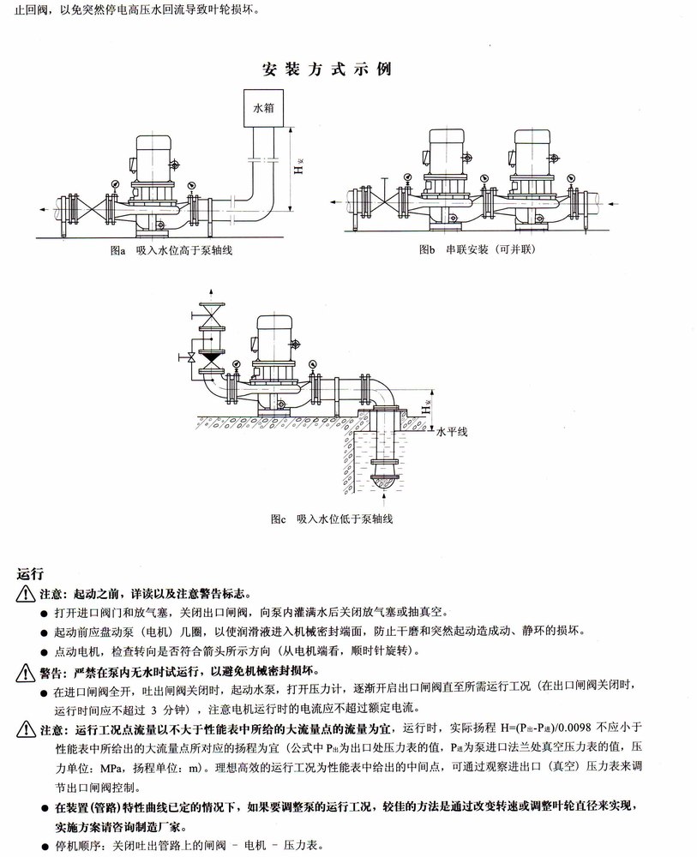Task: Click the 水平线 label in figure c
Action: coord(452,434)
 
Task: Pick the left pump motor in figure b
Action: coord(446,150)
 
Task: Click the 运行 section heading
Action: coord(30,572)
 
